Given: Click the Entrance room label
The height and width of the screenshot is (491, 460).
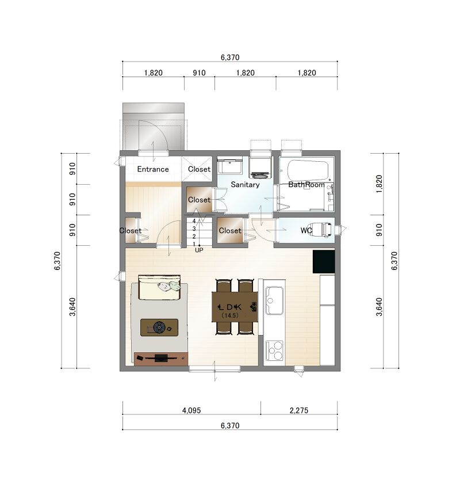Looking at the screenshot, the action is [x=153, y=169].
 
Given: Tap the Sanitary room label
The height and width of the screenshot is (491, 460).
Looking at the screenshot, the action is [x=245, y=185].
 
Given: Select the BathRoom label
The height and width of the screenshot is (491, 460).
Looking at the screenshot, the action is [x=306, y=184].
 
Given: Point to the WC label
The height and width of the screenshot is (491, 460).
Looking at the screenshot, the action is [x=306, y=230].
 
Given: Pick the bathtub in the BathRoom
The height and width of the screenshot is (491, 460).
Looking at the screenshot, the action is [x=308, y=170].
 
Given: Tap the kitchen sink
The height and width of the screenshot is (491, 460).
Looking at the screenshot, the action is [x=274, y=300].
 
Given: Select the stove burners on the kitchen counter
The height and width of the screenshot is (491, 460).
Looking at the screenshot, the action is [x=274, y=350].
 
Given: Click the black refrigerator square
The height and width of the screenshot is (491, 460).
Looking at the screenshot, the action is [x=324, y=261].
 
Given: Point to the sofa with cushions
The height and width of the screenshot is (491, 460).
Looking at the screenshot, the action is [x=159, y=288].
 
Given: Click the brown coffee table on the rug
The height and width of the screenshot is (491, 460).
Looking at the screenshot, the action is [x=159, y=328].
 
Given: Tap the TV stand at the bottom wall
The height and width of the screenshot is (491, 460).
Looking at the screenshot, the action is [x=161, y=359].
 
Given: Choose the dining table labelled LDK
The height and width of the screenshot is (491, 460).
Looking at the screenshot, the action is [x=235, y=307].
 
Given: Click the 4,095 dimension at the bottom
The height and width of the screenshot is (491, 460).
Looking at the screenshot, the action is [x=191, y=410].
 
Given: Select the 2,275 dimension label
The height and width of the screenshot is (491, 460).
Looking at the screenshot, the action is [x=299, y=410].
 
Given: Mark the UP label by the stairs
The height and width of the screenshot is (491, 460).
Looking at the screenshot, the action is [x=199, y=250].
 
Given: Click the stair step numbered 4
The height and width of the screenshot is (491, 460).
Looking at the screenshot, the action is [x=194, y=221].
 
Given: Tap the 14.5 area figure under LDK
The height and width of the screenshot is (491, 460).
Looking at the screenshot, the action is [x=230, y=315].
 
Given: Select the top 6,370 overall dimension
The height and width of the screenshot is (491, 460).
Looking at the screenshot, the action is [x=230, y=58].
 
